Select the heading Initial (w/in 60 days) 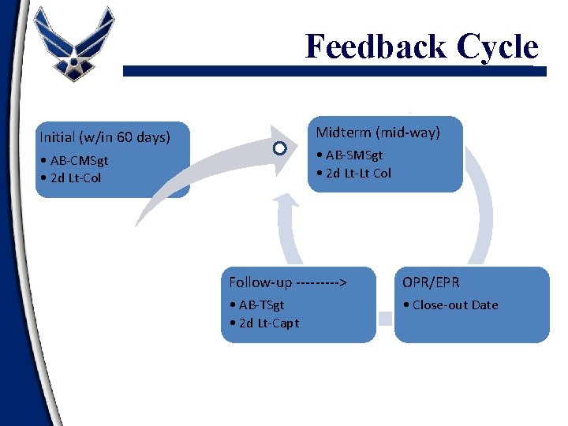pyautogui.click(x=105, y=137)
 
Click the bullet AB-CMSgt pyautogui.click(x=77, y=161)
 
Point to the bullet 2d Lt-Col pyautogui.click(x=73, y=177)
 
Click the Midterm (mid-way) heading pyautogui.click(x=378, y=132)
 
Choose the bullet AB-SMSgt pyautogui.click(x=353, y=156)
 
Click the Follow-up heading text pyautogui.click(x=260, y=282)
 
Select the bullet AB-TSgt pyautogui.click(x=258, y=305)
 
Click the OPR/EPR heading pyautogui.click(x=431, y=282)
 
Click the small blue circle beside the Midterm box pyautogui.click(x=279, y=148)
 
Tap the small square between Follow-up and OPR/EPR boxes pyautogui.click(x=385, y=319)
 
